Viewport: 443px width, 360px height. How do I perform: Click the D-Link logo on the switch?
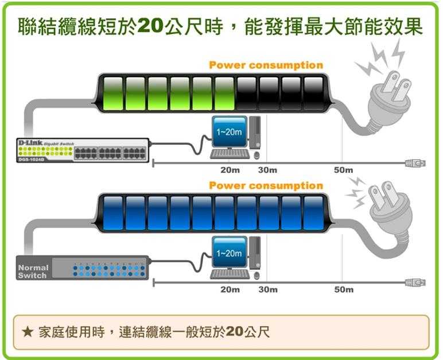30,142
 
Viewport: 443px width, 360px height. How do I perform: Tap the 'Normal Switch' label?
33,272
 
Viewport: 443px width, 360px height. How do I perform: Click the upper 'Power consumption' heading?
266,65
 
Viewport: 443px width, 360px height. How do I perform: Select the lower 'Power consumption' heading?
266,185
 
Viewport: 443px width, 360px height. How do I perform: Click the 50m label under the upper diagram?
344,170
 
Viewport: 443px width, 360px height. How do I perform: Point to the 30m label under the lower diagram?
268,289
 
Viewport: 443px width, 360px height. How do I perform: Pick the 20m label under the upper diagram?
230,170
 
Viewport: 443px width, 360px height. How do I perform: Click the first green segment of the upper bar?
113,93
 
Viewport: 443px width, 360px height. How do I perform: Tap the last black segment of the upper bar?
313,93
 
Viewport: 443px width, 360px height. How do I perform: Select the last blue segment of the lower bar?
313,213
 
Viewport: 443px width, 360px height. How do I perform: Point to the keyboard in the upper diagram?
230,153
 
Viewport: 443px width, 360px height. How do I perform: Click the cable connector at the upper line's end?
415,163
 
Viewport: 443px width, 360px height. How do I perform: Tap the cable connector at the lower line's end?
415,282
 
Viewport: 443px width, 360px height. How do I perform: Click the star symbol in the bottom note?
26,332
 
